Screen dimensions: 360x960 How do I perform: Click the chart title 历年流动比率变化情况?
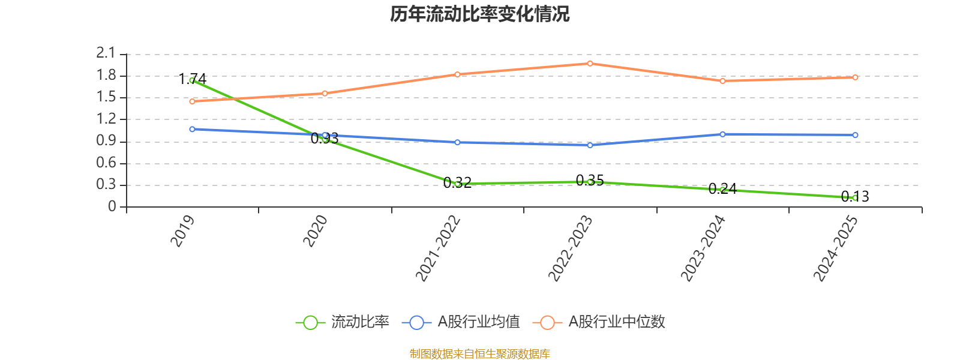point(480,14)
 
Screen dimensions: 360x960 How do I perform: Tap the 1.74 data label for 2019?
point(193,79)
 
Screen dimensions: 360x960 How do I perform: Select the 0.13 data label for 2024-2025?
point(855,196)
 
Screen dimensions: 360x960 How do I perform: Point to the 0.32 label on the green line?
point(457,182)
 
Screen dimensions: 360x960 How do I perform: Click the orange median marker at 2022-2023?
point(590,63)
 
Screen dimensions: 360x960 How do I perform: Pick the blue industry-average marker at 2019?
point(192,129)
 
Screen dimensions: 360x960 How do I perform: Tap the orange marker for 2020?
point(325,93)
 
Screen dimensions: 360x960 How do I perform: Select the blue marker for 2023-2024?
point(722,134)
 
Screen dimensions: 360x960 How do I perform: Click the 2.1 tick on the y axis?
point(106,54)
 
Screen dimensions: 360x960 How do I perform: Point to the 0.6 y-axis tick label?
point(106,163)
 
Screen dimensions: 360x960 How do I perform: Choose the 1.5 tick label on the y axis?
point(106,98)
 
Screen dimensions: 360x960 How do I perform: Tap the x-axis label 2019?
point(183,231)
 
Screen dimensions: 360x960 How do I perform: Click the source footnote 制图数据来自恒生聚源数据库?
point(479,354)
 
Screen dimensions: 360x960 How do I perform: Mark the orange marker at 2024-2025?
point(855,77)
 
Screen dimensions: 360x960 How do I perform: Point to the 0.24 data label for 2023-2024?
point(722,189)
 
